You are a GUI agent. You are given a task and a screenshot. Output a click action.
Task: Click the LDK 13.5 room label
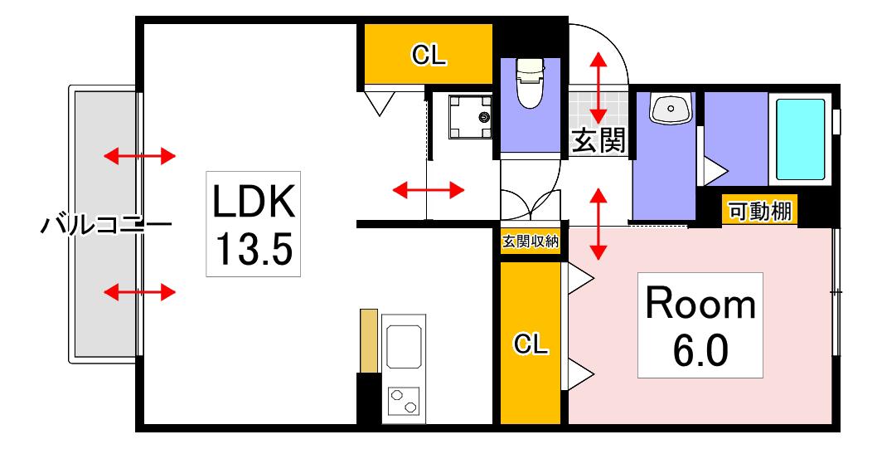(253, 223)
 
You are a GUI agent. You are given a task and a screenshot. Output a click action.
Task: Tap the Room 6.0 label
(700, 325)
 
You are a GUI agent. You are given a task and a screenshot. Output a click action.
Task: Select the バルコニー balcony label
(106, 226)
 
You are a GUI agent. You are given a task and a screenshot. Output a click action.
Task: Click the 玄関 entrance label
(598, 139)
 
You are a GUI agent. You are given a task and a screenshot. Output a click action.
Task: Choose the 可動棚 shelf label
(760, 212)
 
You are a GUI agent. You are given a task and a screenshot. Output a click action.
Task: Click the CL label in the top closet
(429, 55)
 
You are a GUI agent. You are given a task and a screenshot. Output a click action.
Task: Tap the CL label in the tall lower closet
(531, 343)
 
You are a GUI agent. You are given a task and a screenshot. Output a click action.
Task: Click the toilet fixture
(531, 83)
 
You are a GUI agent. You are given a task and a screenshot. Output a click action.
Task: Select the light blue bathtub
(801, 139)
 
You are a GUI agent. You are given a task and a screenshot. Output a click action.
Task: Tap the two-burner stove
(404, 401)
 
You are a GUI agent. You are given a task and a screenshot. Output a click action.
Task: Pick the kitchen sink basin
(404, 344)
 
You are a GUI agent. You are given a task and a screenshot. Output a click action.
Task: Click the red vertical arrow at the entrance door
(598, 87)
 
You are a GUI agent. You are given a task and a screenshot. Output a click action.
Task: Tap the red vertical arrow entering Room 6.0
(598, 223)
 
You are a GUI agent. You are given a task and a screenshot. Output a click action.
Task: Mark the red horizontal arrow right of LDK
(428, 190)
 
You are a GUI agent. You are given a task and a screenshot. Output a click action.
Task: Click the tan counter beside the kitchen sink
(368, 340)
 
